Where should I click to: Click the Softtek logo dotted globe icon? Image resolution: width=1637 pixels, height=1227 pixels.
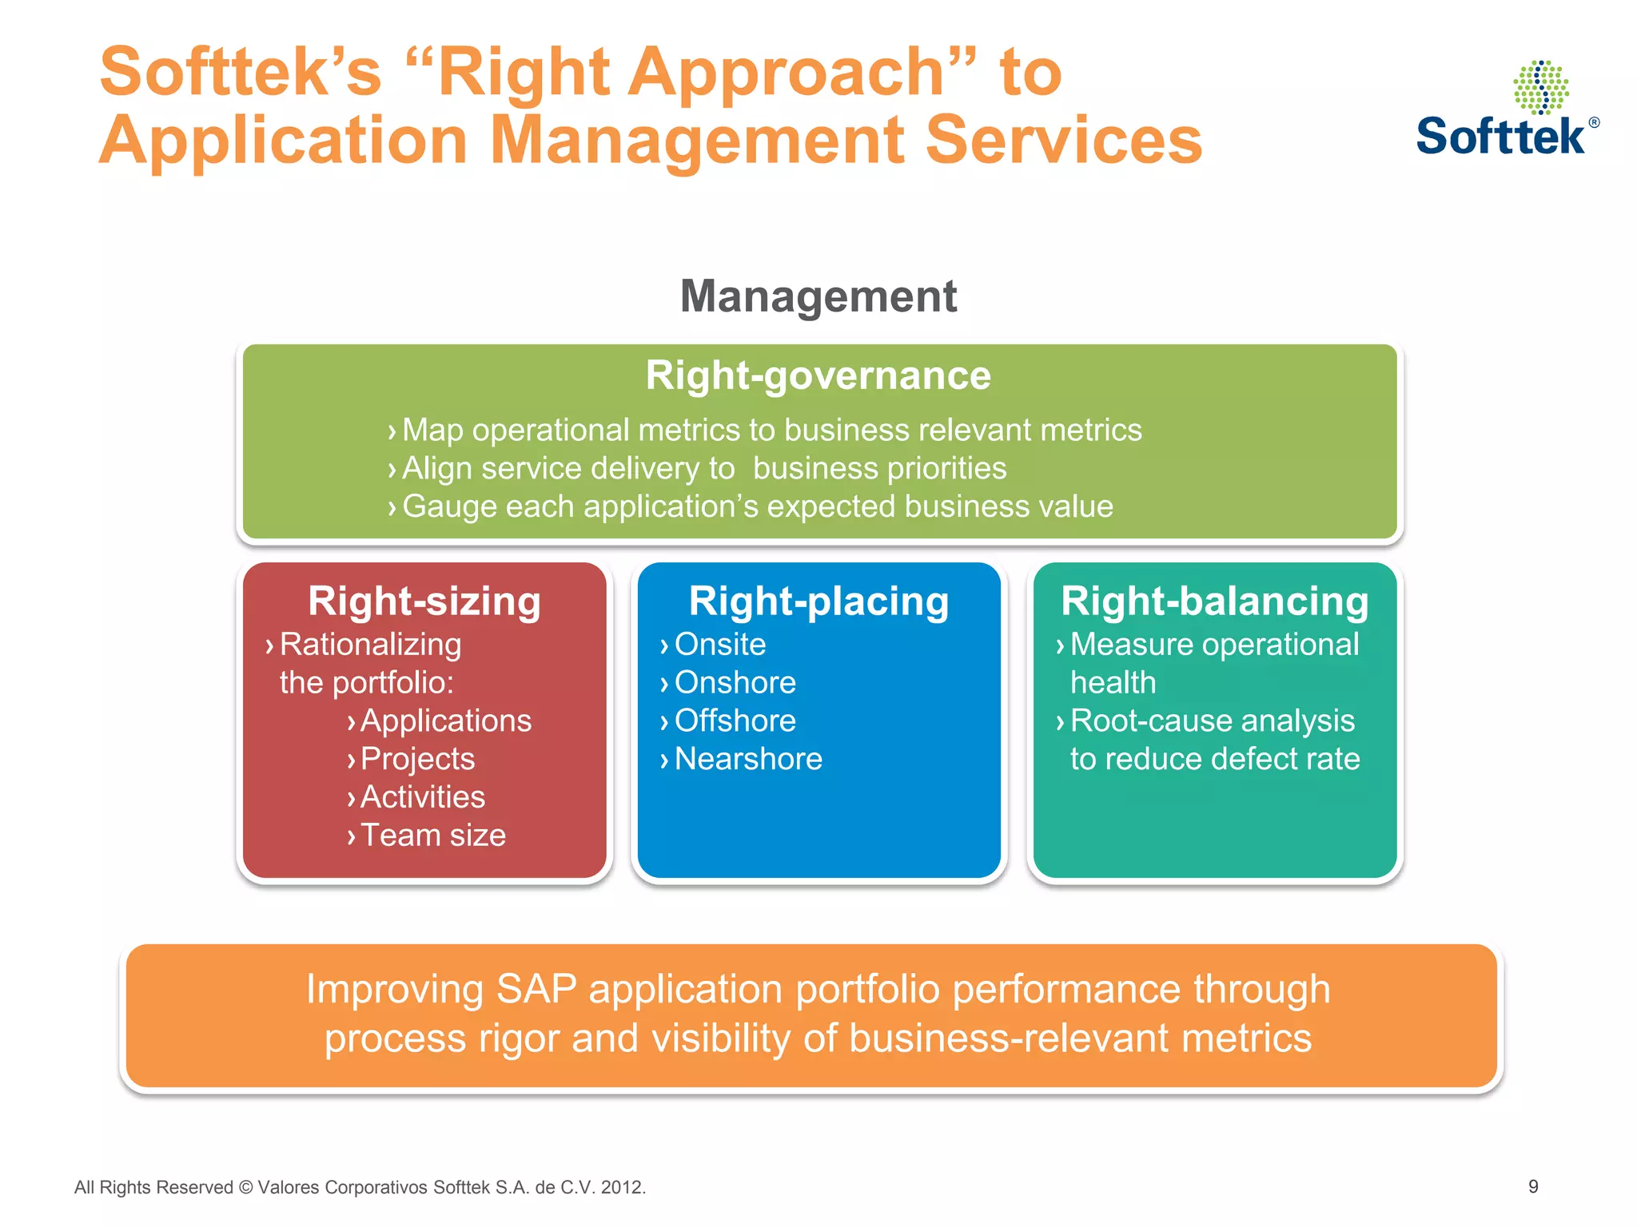tap(1540, 87)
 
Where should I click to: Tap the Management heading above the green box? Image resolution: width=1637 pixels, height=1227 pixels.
tap(818, 296)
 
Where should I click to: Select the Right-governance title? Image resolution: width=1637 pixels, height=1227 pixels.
tap(818, 375)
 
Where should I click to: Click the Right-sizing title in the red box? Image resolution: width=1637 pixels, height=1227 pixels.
tap(424, 602)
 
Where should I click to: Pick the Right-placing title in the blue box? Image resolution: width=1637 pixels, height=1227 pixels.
tap(818, 602)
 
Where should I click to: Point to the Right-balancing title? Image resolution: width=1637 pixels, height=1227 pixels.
tap(1214, 602)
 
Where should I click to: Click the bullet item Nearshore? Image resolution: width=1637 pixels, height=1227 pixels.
tap(747, 759)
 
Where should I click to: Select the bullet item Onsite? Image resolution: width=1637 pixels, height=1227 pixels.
tap(719, 645)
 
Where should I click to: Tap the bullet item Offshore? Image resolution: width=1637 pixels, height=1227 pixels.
tap(735, 721)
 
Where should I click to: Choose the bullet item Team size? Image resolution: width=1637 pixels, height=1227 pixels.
tap(432, 836)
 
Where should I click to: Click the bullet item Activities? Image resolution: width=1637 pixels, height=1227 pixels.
tap(422, 797)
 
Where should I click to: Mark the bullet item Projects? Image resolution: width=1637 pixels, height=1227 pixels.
tap(417, 759)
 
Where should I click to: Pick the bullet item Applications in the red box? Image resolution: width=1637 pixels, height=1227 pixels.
tap(445, 721)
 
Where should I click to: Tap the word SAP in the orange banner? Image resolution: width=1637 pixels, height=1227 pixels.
tap(536, 989)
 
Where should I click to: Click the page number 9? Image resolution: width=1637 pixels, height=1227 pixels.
tap(1532, 1186)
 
